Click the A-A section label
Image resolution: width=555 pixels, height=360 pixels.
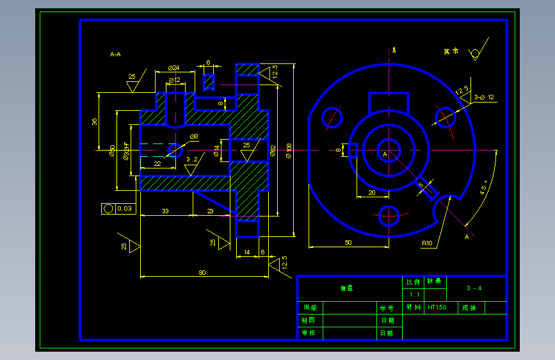point(115,54)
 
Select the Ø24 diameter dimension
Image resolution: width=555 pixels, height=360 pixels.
point(173,67)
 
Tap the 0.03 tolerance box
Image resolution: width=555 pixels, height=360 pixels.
point(118,208)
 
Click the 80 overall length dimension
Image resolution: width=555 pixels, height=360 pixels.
point(202,273)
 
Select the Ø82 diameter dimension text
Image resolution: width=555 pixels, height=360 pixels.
point(273,151)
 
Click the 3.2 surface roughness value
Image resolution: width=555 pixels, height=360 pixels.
point(192,159)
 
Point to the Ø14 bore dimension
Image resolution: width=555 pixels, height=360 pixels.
point(216,151)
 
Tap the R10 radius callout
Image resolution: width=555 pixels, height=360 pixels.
point(427,243)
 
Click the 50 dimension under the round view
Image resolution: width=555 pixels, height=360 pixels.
point(348,242)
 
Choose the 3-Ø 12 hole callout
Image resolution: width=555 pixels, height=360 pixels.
point(485,97)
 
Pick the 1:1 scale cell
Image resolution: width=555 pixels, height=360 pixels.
point(414,295)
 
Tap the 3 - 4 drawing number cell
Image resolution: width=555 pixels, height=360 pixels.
point(474,288)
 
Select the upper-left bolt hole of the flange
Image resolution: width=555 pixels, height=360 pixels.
point(332,117)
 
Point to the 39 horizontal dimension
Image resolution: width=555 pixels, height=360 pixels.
point(165,211)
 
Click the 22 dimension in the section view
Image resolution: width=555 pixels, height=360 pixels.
point(157,164)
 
